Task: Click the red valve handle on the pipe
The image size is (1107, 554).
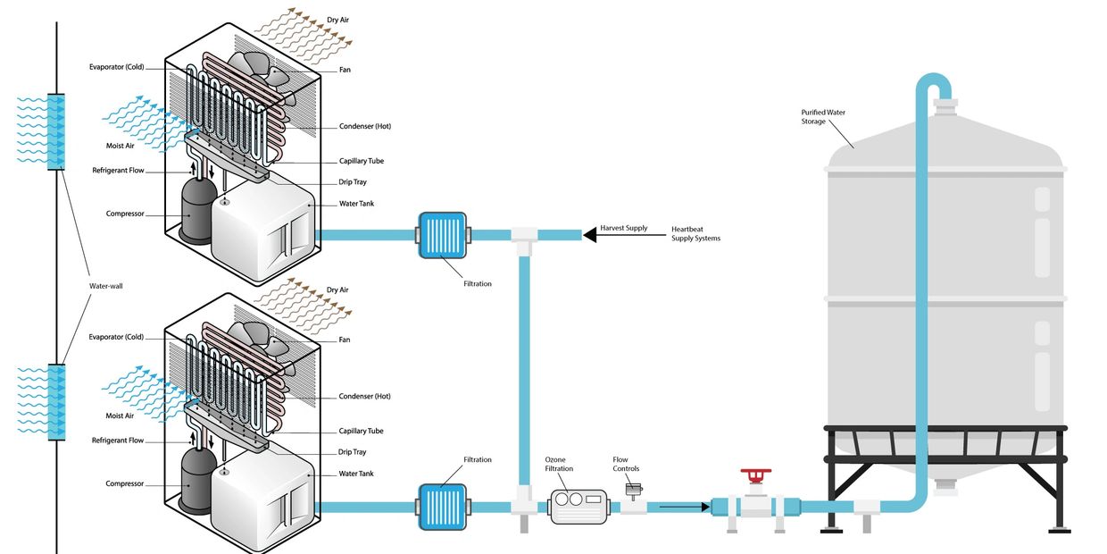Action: [x=755, y=474]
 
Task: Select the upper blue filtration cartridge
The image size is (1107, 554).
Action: [x=442, y=235]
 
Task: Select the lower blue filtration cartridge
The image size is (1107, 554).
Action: [x=442, y=507]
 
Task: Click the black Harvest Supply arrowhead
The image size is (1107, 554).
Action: [x=589, y=235]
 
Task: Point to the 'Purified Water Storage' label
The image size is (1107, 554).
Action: [x=822, y=117]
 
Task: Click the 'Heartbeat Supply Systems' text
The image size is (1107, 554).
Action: [x=695, y=234]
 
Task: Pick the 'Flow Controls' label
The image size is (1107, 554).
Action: [x=626, y=464]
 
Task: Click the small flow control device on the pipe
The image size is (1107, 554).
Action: [x=634, y=491]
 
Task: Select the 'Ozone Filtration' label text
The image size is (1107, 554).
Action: [x=559, y=464]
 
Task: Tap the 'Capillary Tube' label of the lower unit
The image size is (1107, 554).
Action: [x=361, y=432]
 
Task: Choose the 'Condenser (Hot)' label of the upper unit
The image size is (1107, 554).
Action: [x=364, y=127]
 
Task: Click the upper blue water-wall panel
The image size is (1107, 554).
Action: [x=55, y=131]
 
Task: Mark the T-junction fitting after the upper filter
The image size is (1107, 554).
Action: [x=522, y=238]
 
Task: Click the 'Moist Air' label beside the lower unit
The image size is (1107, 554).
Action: [x=120, y=415]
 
